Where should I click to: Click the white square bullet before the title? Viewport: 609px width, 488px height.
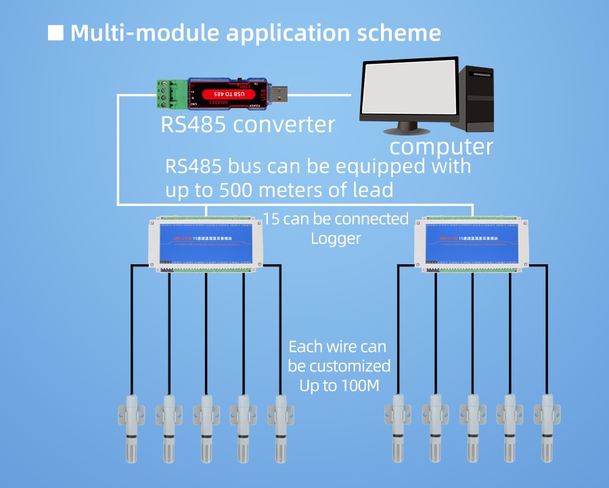55,33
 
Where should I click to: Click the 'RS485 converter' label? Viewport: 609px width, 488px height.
248,125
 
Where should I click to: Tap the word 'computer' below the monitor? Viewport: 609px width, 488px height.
441,146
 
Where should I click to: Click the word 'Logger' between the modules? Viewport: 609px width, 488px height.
336,239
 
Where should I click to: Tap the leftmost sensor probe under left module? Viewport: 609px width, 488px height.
131,424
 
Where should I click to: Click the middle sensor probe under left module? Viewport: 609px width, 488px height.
206,424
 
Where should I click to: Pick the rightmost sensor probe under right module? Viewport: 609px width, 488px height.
547,424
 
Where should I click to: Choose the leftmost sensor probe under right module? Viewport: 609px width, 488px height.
397,424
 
